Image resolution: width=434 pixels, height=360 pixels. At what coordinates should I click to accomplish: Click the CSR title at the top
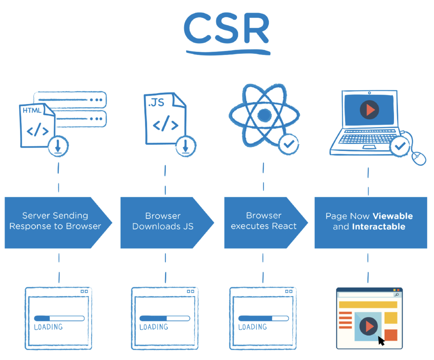pyautogui.click(x=227, y=29)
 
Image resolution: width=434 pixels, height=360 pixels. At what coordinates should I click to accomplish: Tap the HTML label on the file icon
pyautogui.click(x=32, y=110)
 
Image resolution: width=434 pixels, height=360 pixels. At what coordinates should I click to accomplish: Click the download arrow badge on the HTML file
pyautogui.click(x=58, y=146)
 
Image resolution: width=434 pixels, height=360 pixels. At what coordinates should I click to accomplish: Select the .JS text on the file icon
pyautogui.click(x=156, y=102)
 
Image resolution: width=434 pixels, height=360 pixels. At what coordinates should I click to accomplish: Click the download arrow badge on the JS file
pyautogui.click(x=186, y=146)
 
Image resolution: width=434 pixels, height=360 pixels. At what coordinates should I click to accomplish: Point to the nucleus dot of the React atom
pyautogui.click(x=264, y=115)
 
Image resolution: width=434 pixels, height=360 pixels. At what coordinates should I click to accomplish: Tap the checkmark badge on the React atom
pyautogui.click(x=288, y=144)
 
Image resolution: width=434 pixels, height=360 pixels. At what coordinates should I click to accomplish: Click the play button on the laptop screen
pyautogui.click(x=369, y=110)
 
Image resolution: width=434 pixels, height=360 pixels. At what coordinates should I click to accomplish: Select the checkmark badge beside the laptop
pyautogui.click(x=400, y=146)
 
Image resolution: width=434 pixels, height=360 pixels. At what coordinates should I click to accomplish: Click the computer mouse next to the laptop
pyautogui.click(x=419, y=159)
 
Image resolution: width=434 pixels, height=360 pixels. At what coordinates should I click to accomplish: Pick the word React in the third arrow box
pyautogui.click(x=284, y=226)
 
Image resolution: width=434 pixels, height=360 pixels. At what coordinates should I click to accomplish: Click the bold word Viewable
pyautogui.click(x=393, y=216)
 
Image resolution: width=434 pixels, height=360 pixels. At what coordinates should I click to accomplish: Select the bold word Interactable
pyautogui.click(x=379, y=227)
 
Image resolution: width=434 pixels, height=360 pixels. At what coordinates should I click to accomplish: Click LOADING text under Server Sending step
pyautogui.click(x=48, y=327)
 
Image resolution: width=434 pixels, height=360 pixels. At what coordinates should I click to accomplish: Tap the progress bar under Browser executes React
pyautogui.click(x=263, y=318)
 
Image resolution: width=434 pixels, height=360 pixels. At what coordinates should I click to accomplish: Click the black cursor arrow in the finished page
pyautogui.click(x=381, y=341)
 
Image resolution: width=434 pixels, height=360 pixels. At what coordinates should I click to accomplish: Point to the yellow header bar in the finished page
pyautogui.click(x=368, y=305)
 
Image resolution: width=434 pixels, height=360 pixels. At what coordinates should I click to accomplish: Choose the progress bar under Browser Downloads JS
pyautogui.click(x=165, y=318)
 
